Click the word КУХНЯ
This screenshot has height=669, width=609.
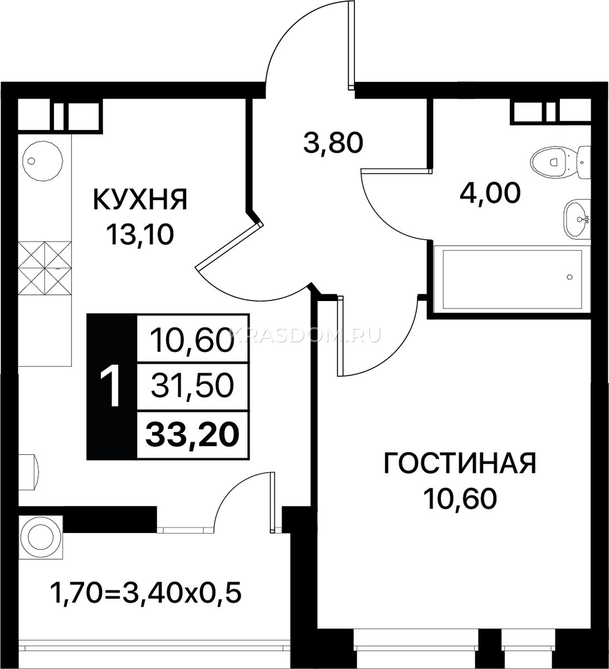140,200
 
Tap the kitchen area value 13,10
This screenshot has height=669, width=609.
140,234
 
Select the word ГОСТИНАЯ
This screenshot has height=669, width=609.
460,463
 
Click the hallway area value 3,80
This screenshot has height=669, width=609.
333,143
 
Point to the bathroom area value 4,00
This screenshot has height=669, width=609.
490,193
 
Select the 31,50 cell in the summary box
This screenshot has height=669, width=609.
193,386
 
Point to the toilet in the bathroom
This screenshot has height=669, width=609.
560,163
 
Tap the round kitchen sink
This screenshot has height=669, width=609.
43,161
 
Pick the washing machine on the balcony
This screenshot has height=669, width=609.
41,537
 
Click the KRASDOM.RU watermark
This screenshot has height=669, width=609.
308,336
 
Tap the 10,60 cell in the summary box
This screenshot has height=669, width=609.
193,339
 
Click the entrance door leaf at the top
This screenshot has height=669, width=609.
351,45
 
